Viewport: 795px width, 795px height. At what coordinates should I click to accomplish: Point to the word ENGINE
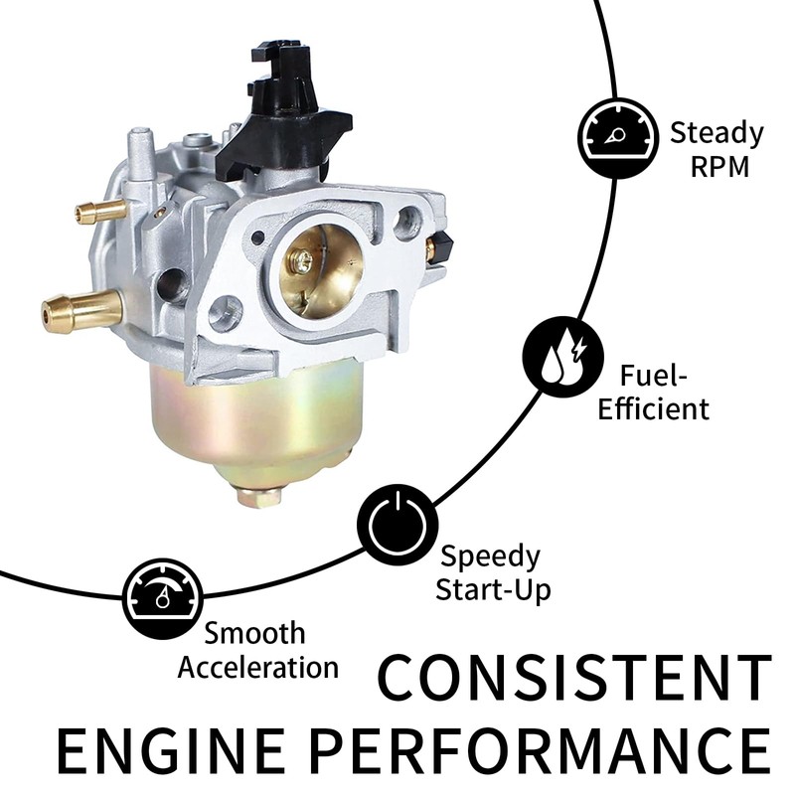(x=183, y=753)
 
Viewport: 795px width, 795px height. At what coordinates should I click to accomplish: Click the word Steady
(x=715, y=132)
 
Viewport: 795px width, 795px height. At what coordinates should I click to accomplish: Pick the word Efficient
(x=654, y=407)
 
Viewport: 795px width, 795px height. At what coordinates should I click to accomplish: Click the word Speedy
(x=490, y=556)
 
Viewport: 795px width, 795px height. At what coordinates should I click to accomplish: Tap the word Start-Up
(x=494, y=589)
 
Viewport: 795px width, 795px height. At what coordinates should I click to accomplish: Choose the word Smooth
(x=255, y=633)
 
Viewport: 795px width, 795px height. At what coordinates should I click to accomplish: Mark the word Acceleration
(x=257, y=666)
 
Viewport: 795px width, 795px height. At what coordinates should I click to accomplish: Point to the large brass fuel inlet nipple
(x=79, y=311)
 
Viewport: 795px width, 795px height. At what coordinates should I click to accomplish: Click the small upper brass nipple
(x=100, y=211)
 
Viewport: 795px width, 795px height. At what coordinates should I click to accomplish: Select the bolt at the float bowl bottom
(x=260, y=494)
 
